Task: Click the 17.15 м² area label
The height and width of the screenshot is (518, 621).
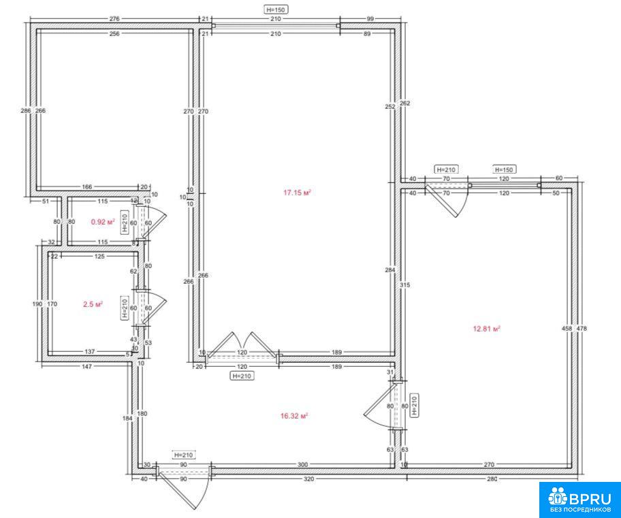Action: click(x=297, y=193)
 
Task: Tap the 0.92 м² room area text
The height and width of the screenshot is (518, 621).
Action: click(x=103, y=222)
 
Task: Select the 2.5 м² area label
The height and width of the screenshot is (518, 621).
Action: click(x=93, y=304)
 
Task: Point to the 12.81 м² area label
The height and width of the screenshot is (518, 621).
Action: click(x=487, y=328)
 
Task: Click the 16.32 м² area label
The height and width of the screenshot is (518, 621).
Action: click(x=294, y=416)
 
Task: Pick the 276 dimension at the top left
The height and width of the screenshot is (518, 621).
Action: click(x=114, y=18)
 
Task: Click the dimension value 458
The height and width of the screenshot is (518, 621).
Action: click(x=567, y=328)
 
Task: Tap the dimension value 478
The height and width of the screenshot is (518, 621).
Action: click(x=582, y=328)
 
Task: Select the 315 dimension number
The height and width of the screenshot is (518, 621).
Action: click(x=404, y=285)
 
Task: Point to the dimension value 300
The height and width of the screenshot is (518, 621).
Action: click(x=302, y=464)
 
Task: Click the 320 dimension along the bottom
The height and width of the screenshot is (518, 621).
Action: click(x=308, y=479)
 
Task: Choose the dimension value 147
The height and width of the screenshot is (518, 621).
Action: click(x=86, y=366)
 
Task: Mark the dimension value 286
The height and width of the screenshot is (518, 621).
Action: click(x=26, y=110)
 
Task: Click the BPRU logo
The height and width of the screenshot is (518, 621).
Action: click(x=579, y=499)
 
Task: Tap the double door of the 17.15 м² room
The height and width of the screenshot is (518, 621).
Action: click(x=242, y=345)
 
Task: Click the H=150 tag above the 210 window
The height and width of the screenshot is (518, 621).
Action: click(x=276, y=10)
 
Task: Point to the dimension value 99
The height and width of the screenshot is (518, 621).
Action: click(x=370, y=18)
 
